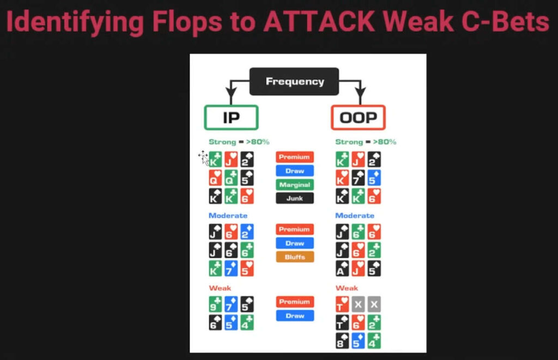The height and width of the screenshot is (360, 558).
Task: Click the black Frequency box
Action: pos(294,82)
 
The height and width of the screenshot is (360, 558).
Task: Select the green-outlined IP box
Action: pos(231,118)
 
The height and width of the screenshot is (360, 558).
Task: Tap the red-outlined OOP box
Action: pos(358,118)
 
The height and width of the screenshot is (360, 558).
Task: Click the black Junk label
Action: pos(294,199)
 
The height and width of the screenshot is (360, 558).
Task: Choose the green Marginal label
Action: pos(294,185)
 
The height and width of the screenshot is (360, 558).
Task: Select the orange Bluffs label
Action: pos(294,257)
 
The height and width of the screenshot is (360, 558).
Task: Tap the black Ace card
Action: pos(343,268)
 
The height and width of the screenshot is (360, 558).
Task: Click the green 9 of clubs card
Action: pos(215,304)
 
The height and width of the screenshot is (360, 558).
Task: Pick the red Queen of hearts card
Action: pos(215,178)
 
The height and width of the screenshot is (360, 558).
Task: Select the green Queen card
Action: pos(231,178)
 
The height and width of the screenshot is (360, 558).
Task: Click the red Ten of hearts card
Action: pos(343,304)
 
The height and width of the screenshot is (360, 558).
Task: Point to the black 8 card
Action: pos(343,340)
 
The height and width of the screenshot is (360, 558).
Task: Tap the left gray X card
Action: pos(358,304)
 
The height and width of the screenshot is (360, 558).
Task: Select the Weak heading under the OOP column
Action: pos(347,288)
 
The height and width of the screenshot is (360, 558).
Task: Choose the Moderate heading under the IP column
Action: pos(228,216)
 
